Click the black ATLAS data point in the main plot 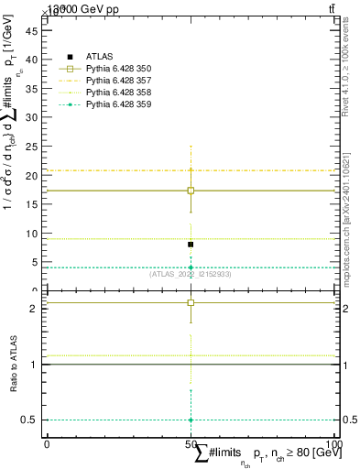point(191,245)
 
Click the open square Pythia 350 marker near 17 point(191,191)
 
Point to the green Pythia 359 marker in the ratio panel point(191,420)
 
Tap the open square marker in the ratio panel point(191,302)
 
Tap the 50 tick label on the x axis point(191,444)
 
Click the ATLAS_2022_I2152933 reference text point(190,274)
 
